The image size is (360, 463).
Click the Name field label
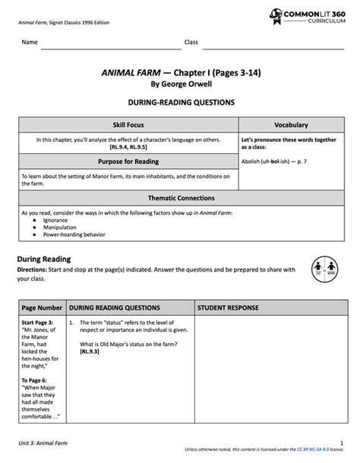[30, 43]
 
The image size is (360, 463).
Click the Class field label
[191, 43]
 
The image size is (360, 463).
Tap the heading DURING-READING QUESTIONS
[180, 102]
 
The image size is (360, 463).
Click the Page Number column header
[43, 308]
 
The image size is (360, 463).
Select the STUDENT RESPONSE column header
[229, 308]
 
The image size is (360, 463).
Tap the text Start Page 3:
[37, 323]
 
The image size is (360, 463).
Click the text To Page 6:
[35, 380]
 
